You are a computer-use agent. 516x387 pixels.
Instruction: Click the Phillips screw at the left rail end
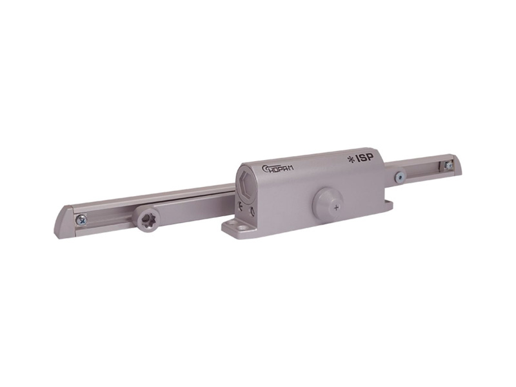pos(81,220)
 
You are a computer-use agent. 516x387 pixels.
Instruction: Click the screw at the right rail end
pos(448,166)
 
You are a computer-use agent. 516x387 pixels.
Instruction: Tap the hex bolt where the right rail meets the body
pos(400,176)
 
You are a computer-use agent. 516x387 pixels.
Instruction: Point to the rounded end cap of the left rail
pos(64,223)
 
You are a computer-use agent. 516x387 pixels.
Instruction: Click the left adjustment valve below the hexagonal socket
pos(240,206)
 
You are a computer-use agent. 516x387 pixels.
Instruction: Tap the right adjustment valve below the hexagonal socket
pos(252,210)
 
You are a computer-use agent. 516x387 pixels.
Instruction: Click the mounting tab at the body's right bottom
pos(388,205)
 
